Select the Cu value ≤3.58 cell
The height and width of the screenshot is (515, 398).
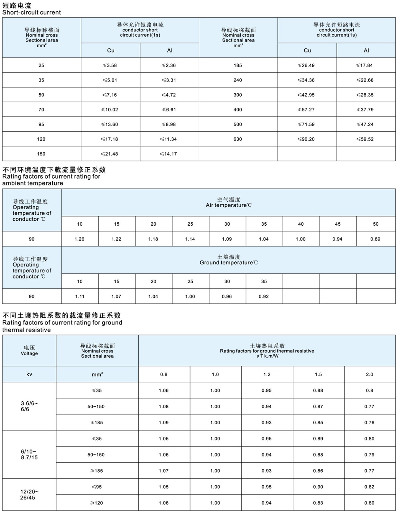110,65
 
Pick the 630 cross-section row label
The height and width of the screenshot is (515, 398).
238,139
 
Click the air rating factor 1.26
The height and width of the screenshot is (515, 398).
79,239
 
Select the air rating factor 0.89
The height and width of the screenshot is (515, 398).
375,239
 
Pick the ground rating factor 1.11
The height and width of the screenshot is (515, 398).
79,296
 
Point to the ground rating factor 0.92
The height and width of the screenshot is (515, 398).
264,296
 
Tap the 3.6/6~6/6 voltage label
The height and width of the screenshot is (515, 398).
29,406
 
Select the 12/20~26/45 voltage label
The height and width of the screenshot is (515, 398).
29,495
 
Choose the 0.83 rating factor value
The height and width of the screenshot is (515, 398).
318,503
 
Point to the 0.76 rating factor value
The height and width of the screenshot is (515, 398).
369,422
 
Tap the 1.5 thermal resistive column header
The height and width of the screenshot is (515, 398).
318,374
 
